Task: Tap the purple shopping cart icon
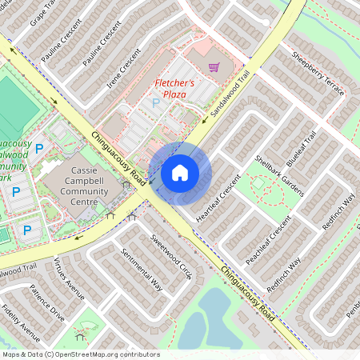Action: tap(214, 67)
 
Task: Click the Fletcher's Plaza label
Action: tap(170, 88)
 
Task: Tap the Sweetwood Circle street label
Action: tap(172, 257)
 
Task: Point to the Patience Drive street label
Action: tap(46, 302)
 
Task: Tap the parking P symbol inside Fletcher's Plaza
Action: tap(155, 103)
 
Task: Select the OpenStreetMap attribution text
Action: tap(81, 354)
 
